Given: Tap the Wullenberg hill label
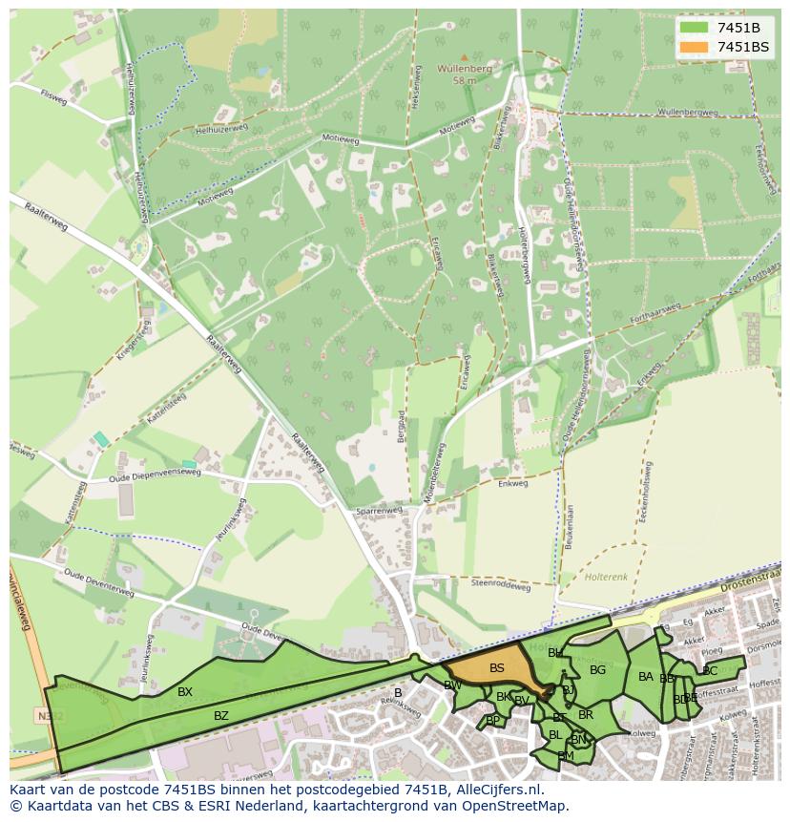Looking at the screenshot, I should click(464, 69).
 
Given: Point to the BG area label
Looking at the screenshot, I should click(598, 670).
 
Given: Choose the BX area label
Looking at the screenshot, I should click(185, 692).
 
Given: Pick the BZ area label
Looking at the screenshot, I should click(221, 715).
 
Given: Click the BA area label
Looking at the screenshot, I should click(646, 677).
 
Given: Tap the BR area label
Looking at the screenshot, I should click(586, 714).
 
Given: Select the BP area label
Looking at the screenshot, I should click(492, 720).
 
